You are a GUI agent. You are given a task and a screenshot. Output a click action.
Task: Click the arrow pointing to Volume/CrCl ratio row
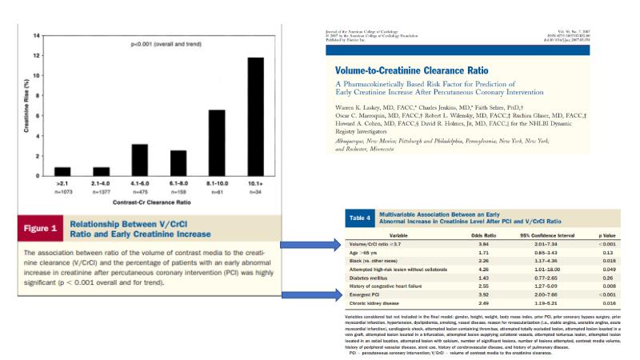(314, 243)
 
